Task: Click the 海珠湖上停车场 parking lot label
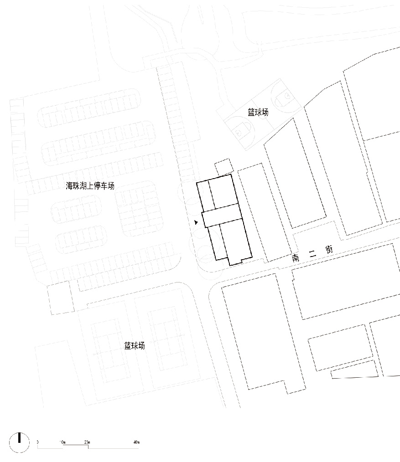tap(90, 185)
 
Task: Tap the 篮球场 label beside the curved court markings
tap(258, 112)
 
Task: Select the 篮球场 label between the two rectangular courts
tap(135, 345)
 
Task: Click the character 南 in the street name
tap(296, 258)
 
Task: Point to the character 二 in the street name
tap(312, 254)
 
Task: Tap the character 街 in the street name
tap(329, 250)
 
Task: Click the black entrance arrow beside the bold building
tap(196, 222)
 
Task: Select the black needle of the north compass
tap(20, 437)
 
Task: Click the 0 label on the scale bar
tap(37, 442)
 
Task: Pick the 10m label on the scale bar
tap(62, 442)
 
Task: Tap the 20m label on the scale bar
tap(87, 442)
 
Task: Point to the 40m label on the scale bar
tap(136, 442)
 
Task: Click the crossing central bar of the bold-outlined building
tap(222, 216)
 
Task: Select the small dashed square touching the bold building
tap(223, 167)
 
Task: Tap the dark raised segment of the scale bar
tap(76, 447)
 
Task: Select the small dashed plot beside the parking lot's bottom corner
tap(61, 298)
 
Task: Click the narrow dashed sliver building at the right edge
tap(354, 373)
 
